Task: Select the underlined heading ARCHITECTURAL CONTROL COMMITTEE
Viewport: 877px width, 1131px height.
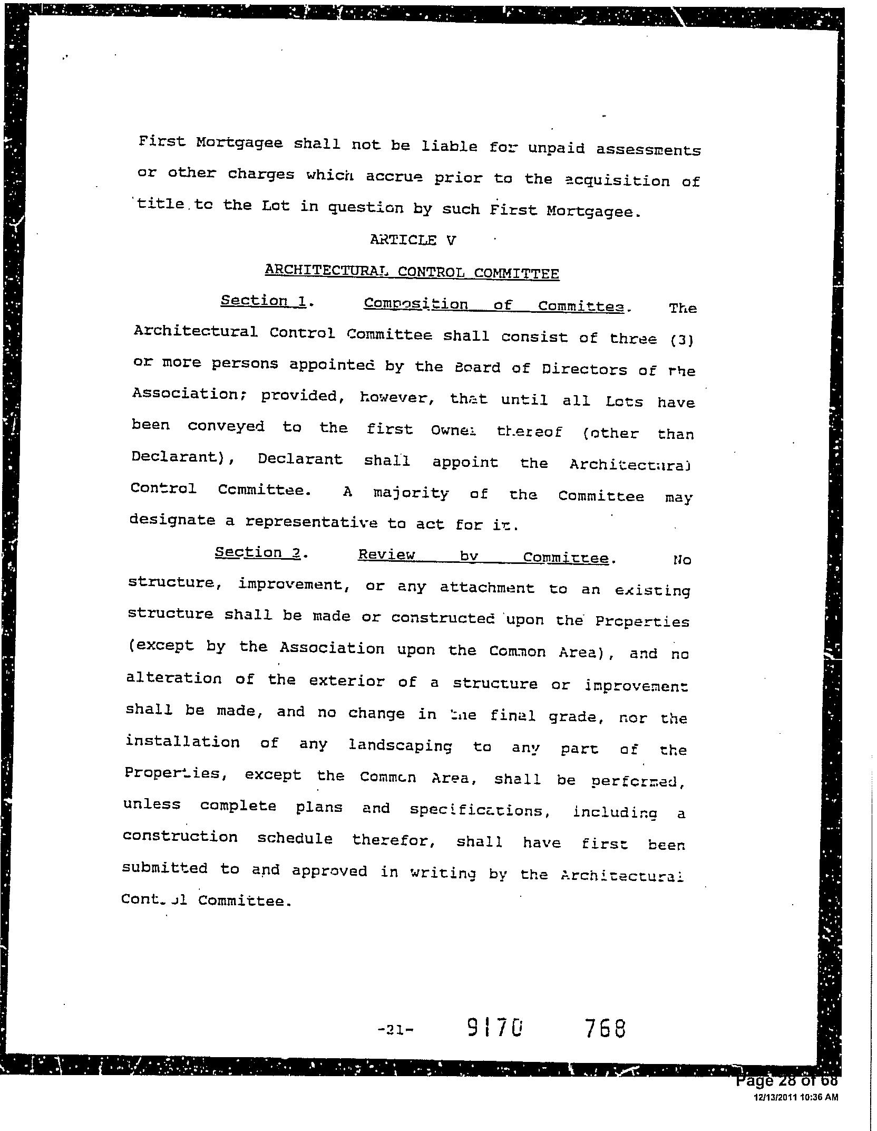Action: tap(412, 272)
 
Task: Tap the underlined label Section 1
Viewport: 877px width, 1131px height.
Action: tap(264, 301)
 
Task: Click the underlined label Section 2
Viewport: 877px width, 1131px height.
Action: tap(258, 553)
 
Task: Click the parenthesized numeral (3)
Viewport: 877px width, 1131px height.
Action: tap(682, 341)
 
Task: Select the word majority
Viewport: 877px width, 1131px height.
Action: tap(411, 494)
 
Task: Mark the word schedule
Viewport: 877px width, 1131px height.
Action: tap(295, 839)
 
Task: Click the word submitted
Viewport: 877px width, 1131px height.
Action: tap(165, 868)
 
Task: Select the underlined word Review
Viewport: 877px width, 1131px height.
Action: tap(386, 555)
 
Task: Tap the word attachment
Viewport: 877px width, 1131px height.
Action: tap(486, 588)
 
